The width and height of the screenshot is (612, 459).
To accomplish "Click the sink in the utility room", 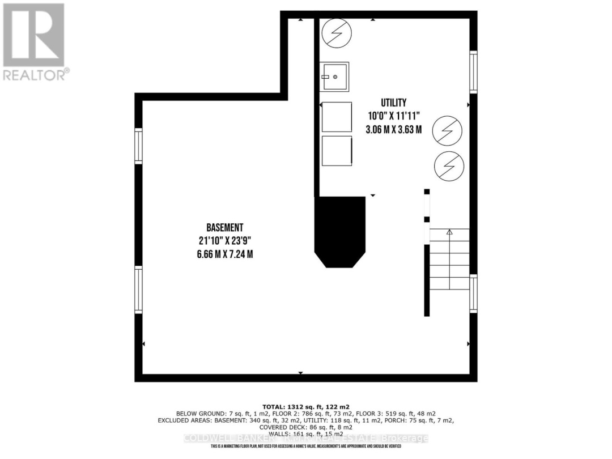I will click(334, 76).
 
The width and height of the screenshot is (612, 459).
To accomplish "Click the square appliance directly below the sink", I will click(337, 117).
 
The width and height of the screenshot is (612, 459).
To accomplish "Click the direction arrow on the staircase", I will click(449, 232).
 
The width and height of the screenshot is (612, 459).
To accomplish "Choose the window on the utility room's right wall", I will click(473, 72).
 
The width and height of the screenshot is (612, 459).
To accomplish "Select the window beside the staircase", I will click(473, 293).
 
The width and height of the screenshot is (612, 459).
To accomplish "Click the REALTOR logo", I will click(35, 41).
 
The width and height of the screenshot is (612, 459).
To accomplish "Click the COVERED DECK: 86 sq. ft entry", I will click(305, 427).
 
